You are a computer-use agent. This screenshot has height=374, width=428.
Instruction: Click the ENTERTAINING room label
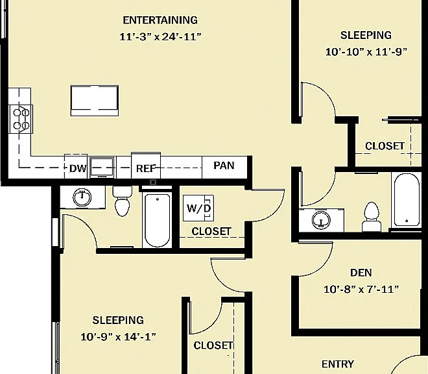click(x=160, y=20)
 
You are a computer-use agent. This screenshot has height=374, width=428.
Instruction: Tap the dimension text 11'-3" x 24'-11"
click(x=161, y=36)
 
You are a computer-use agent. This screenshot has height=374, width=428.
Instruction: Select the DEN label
click(x=361, y=273)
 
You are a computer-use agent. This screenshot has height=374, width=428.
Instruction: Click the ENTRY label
click(x=338, y=364)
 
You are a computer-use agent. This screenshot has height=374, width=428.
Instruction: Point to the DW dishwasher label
click(x=78, y=168)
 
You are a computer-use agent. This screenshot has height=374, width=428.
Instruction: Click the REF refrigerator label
click(x=146, y=168)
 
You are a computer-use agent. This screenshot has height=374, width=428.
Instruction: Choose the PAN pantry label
click(x=224, y=166)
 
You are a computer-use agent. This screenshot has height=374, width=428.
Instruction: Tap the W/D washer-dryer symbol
click(x=198, y=208)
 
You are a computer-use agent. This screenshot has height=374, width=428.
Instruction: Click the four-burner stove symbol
click(x=21, y=119)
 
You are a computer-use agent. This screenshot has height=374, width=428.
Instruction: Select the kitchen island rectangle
click(x=95, y=101)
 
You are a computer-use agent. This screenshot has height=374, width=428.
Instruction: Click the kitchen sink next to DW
click(x=102, y=168)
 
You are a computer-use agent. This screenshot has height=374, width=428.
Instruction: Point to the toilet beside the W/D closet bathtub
click(x=123, y=201)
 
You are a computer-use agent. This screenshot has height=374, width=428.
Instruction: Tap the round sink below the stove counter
click(x=82, y=197)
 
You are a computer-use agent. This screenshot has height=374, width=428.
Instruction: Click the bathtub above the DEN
click(x=407, y=199)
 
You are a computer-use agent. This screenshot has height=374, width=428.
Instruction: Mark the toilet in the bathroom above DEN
click(x=372, y=218)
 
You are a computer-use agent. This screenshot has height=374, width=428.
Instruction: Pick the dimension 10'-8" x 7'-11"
click(x=361, y=289)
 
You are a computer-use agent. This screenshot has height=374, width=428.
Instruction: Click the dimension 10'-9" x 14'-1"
click(x=118, y=336)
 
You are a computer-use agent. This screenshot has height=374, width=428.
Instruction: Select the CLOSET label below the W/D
click(x=211, y=231)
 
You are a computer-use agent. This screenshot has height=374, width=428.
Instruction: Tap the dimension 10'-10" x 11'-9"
click(x=366, y=52)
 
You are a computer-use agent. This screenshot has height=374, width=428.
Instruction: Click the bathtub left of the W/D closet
click(x=157, y=220)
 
